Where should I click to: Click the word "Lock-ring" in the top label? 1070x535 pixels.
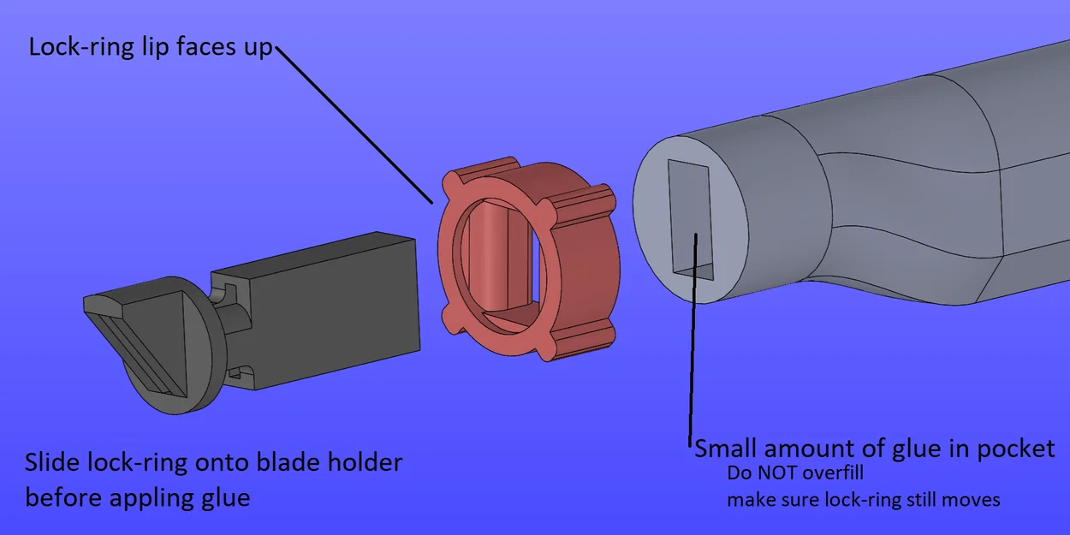point(81,47)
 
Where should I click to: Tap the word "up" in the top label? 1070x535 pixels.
point(258,49)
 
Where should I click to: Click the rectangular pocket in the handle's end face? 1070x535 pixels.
point(691,220)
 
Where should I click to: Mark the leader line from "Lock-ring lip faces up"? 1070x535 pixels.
point(354,125)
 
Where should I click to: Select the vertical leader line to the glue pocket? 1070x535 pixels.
point(693,339)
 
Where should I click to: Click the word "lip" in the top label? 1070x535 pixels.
point(155,48)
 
